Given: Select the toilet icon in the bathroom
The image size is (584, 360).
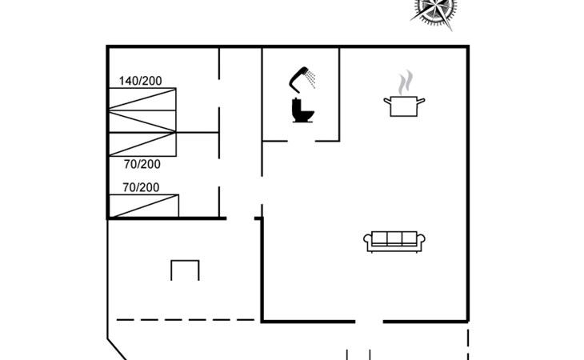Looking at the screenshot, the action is (x=302, y=110).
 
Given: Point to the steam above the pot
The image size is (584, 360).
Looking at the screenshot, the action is (x=406, y=82).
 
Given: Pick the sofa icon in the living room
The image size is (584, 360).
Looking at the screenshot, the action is (x=394, y=242).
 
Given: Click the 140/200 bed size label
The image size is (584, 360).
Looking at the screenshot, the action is (x=141, y=81).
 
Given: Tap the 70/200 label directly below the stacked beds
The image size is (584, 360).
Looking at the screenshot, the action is (x=142, y=164).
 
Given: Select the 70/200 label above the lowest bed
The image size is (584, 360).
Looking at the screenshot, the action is (x=141, y=187).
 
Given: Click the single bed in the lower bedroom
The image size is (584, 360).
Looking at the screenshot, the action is (x=144, y=206).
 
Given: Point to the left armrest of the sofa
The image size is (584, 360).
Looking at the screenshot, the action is (x=368, y=242).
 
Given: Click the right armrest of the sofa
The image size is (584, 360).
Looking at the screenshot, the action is (x=422, y=242).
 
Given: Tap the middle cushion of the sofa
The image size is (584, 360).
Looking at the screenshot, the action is (x=394, y=238).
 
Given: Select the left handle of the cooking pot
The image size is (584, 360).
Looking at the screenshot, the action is (x=387, y=100).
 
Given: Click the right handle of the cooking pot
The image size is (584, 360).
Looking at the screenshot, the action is (x=421, y=101).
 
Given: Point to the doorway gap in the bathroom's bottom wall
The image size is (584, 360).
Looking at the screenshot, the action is (x=302, y=141).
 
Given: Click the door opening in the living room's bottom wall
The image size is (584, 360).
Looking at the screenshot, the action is (x=369, y=322).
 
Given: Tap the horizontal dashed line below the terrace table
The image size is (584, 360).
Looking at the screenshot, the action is (x=186, y=320).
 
